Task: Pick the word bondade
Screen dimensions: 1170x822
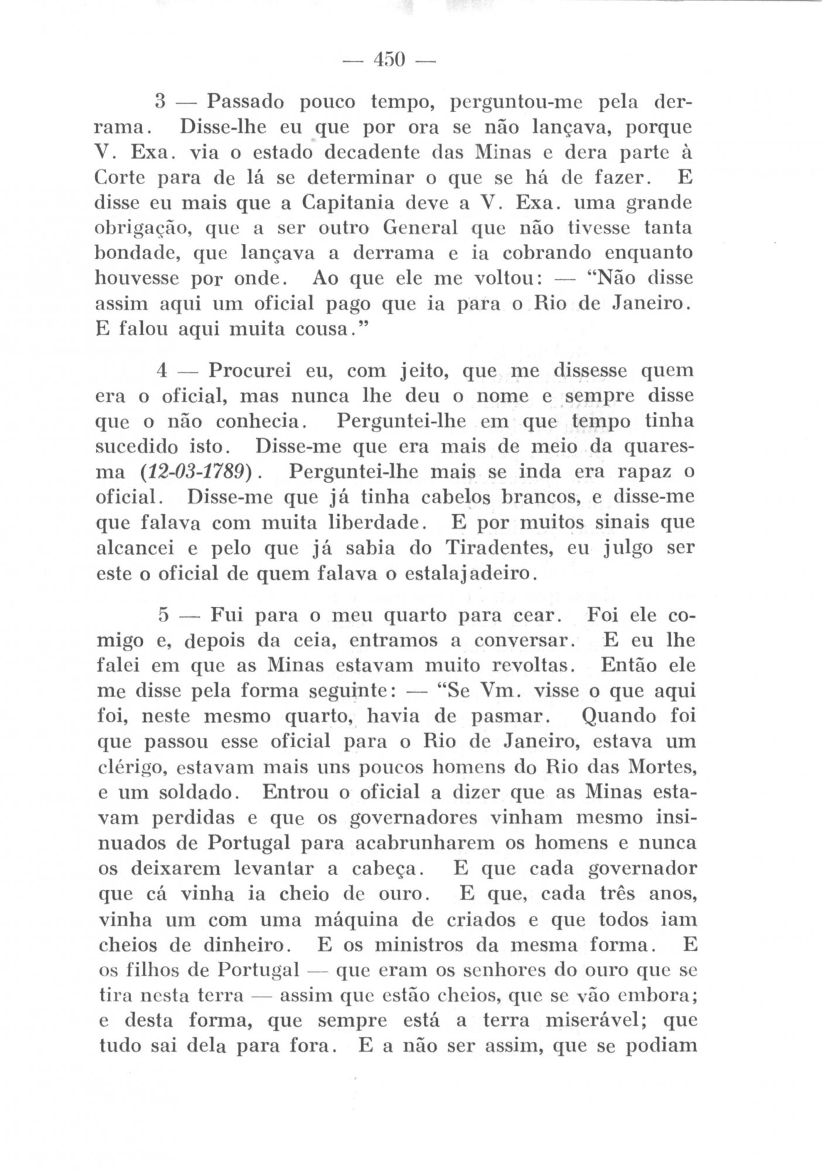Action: (x=138, y=253)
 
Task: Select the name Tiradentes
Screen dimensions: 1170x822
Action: (x=498, y=548)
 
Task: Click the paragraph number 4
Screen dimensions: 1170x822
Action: (x=163, y=371)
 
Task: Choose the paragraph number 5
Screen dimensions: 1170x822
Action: (x=163, y=616)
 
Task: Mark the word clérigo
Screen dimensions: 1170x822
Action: (x=131, y=767)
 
